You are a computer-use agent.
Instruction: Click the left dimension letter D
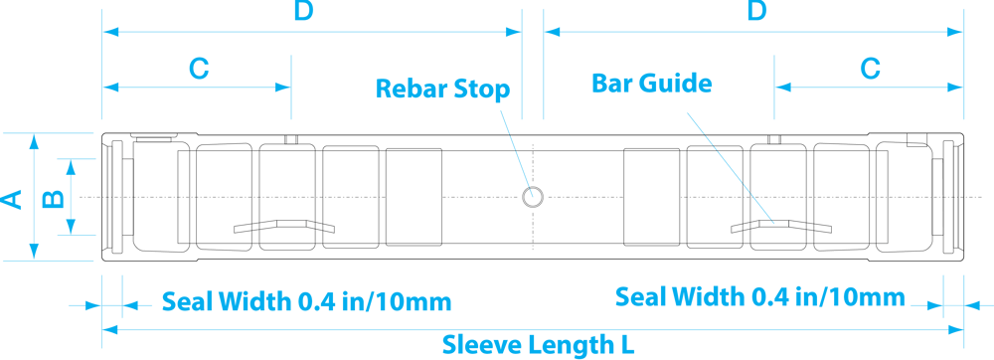(304, 12)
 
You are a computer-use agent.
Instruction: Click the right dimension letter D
(756, 12)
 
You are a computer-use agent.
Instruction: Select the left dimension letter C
(199, 69)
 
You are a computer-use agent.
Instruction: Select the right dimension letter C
(870, 69)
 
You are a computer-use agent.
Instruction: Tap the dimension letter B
(56, 197)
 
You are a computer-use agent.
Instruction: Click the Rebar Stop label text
(441, 89)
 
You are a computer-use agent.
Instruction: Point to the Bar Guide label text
(652, 83)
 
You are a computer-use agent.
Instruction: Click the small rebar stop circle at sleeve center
(533, 196)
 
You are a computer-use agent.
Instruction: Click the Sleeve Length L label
(538, 345)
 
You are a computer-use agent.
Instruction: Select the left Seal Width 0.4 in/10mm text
(307, 300)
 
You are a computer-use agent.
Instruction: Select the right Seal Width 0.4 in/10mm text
(760, 296)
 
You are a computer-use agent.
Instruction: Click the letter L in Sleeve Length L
(627, 345)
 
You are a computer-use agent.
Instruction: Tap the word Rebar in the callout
(410, 89)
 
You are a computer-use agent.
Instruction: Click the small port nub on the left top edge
(290, 139)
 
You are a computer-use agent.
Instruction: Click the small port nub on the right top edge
(776, 139)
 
